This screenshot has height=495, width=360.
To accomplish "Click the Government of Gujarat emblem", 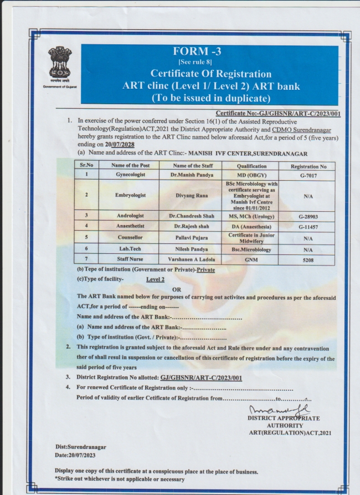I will (60, 63).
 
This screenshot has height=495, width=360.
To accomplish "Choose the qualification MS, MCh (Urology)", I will (252, 215).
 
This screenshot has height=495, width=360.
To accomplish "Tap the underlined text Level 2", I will (156, 279).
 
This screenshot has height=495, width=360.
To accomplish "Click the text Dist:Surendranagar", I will (80, 446).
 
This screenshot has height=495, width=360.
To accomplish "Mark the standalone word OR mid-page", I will (177, 289).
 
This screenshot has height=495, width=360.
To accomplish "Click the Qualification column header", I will (252, 166).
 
